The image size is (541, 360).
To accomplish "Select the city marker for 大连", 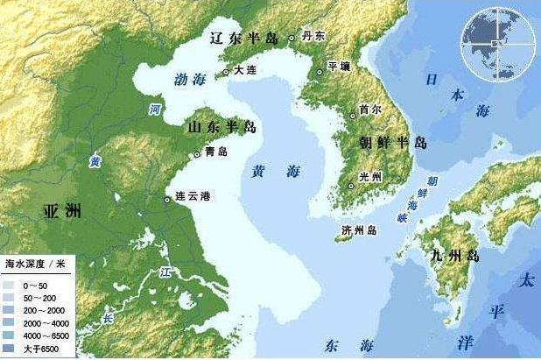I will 227,72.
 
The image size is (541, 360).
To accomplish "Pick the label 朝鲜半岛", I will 392,141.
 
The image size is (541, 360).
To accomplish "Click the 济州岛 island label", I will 359,230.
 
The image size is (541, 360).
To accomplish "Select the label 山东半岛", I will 221,128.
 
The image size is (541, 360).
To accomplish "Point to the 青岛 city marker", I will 196,153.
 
